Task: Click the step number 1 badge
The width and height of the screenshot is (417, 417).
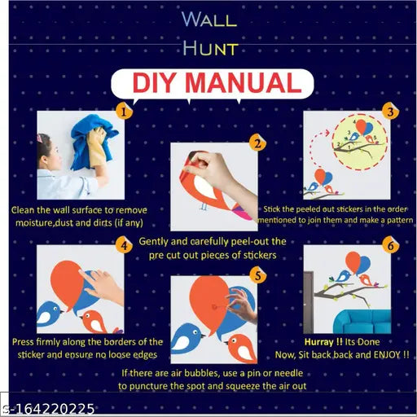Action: click(123, 112)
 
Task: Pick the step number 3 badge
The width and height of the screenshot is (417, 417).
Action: click(390, 112)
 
